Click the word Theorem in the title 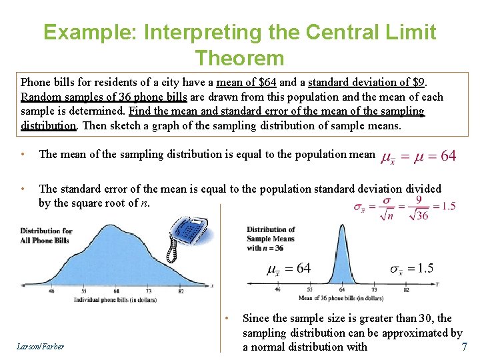pyautogui.click(x=239, y=57)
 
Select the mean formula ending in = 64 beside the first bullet pyautogui.click(x=418, y=156)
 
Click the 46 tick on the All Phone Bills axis pyautogui.click(x=51, y=291)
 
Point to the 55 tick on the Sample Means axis pyautogui.click(x=310, y=289)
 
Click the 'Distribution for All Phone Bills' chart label pyautogui.click(x=46, y=235)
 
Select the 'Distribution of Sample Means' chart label pyautogui.click(x=271, y=239)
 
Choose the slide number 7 pyautogui.click(x=464, y=347)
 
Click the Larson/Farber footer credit pyautogui.click(x=41, y=347)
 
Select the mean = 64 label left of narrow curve pyautogui.click(x=289, y=269)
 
